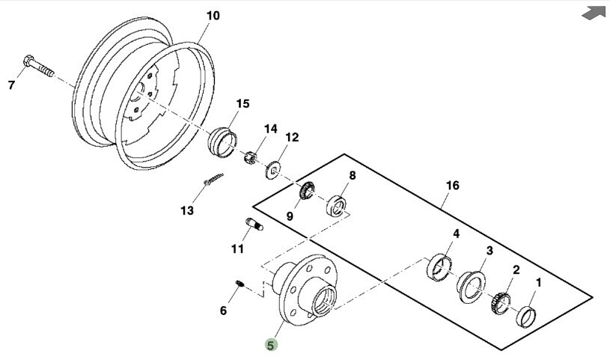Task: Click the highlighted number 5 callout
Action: click(271, 345)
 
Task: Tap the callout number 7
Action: click(12, 85)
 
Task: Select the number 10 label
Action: click(213, 16)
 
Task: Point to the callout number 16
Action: click(452, 186)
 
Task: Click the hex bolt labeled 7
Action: click(38, 66)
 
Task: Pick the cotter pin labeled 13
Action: click(213, 179)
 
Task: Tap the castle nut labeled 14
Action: click(250, 157)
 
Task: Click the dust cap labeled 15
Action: click(222, 142)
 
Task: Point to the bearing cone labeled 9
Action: click(307, 190)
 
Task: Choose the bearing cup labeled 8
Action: click(336, 207)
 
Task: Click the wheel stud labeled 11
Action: click(254, 225)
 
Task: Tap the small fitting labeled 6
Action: click(240, 284)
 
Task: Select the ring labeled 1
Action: click(526, 317)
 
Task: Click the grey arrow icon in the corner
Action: click(594, 13)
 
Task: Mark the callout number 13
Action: click(186, 210)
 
